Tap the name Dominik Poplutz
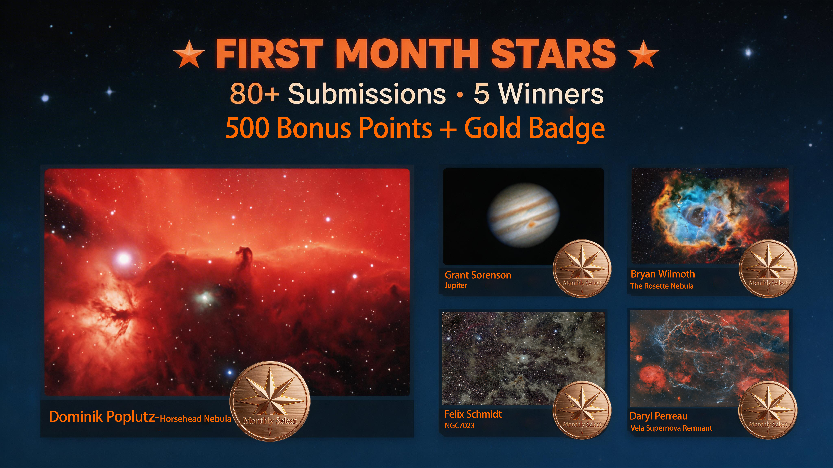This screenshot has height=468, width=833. point(102,417)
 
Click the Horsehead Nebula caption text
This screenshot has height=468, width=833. point(196,419)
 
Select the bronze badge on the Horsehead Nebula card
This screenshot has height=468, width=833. point(270,401)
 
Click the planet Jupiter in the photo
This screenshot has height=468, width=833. point(523,215)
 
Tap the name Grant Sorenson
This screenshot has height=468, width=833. point(478,275)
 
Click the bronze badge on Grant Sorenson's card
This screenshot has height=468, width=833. point(582,268)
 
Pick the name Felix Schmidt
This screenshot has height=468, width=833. point(473,414)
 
